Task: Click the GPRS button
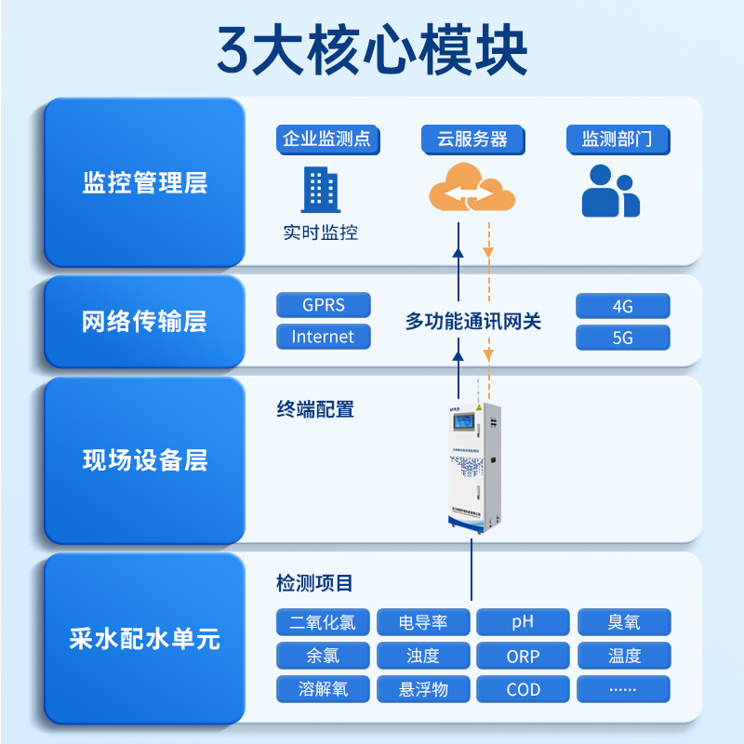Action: (323, 305)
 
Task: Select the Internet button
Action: (323, 337)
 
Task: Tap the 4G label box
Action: (622, 306)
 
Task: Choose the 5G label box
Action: (622, 338)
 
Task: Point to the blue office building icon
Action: (320, 190)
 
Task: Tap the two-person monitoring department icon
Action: (610, 192)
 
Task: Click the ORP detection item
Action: (523, 656)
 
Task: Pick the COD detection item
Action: (523, 689)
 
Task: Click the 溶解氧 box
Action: (323, 689)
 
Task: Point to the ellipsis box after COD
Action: (623, 689)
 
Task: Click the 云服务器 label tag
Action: (472, 139)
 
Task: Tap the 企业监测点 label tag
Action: (325, 139)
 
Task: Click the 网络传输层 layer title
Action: (144, 322)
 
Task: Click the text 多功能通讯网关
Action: (472, 322)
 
